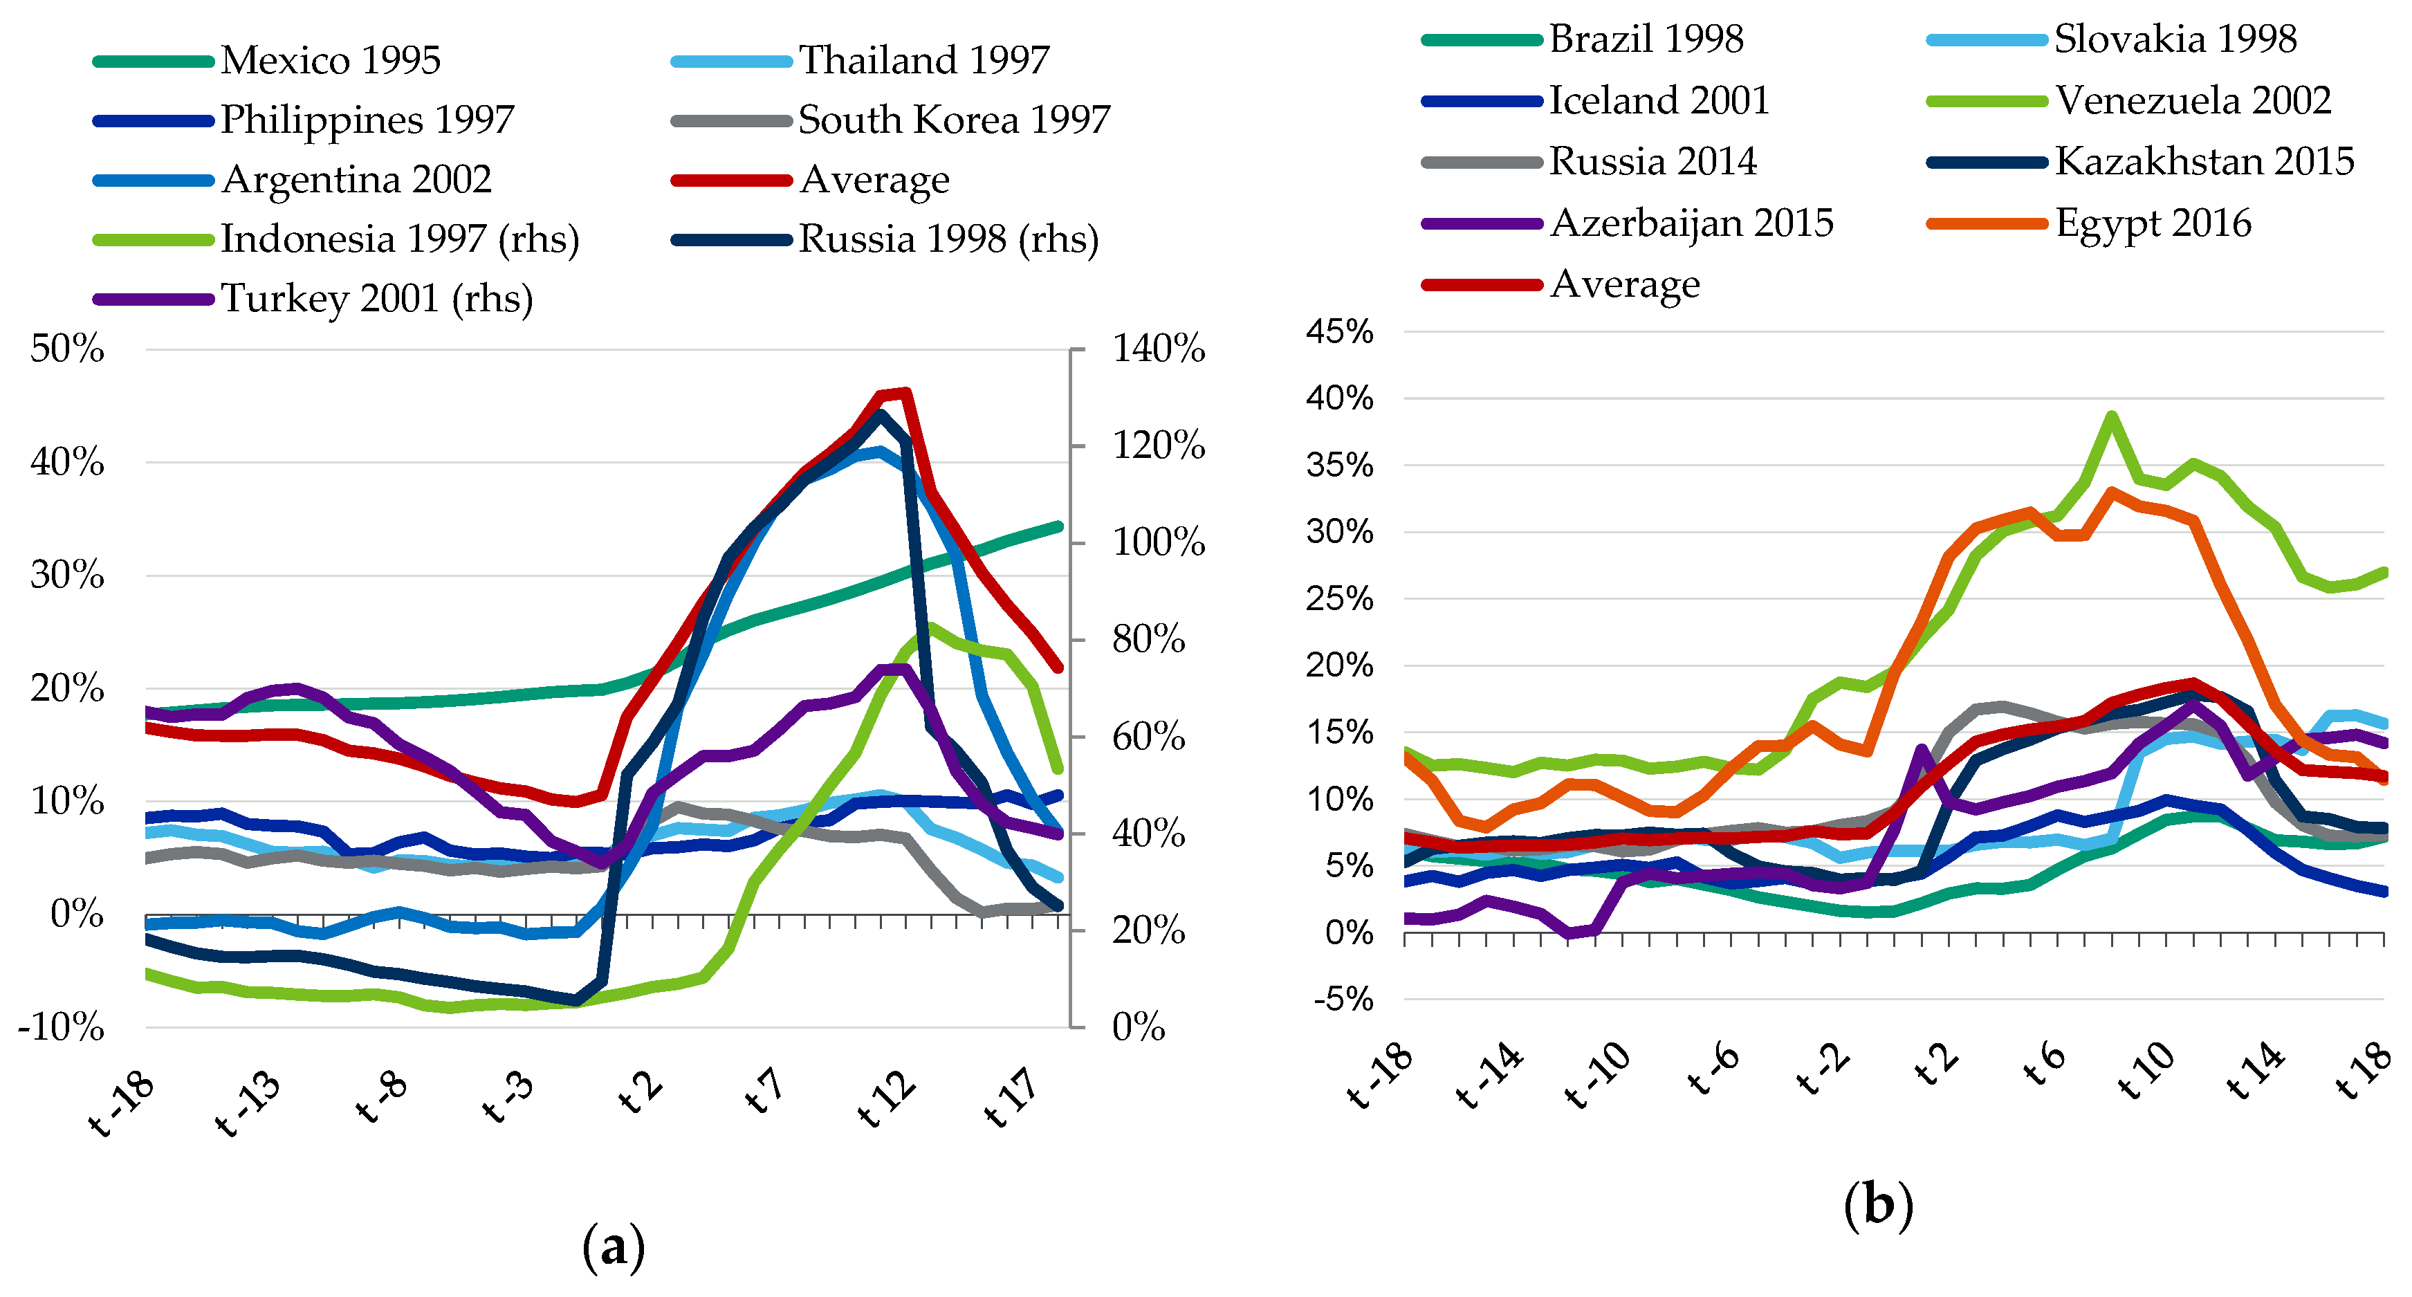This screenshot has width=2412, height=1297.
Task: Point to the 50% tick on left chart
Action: (x=67, y=349)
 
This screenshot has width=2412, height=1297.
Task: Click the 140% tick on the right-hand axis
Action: (x=1158, y=349)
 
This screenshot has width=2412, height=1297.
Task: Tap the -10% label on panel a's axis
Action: (x=62, y=1027)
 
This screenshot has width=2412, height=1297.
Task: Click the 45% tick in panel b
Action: (x=1340, y=331)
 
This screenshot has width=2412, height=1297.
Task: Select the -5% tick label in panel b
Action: (x=1343, y=999)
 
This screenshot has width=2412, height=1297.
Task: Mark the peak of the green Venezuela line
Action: (x=2111, y=416)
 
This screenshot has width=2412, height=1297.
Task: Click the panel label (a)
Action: (x=614, y=1247)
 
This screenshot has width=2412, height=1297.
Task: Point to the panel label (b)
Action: (x=1877, y=1204)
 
